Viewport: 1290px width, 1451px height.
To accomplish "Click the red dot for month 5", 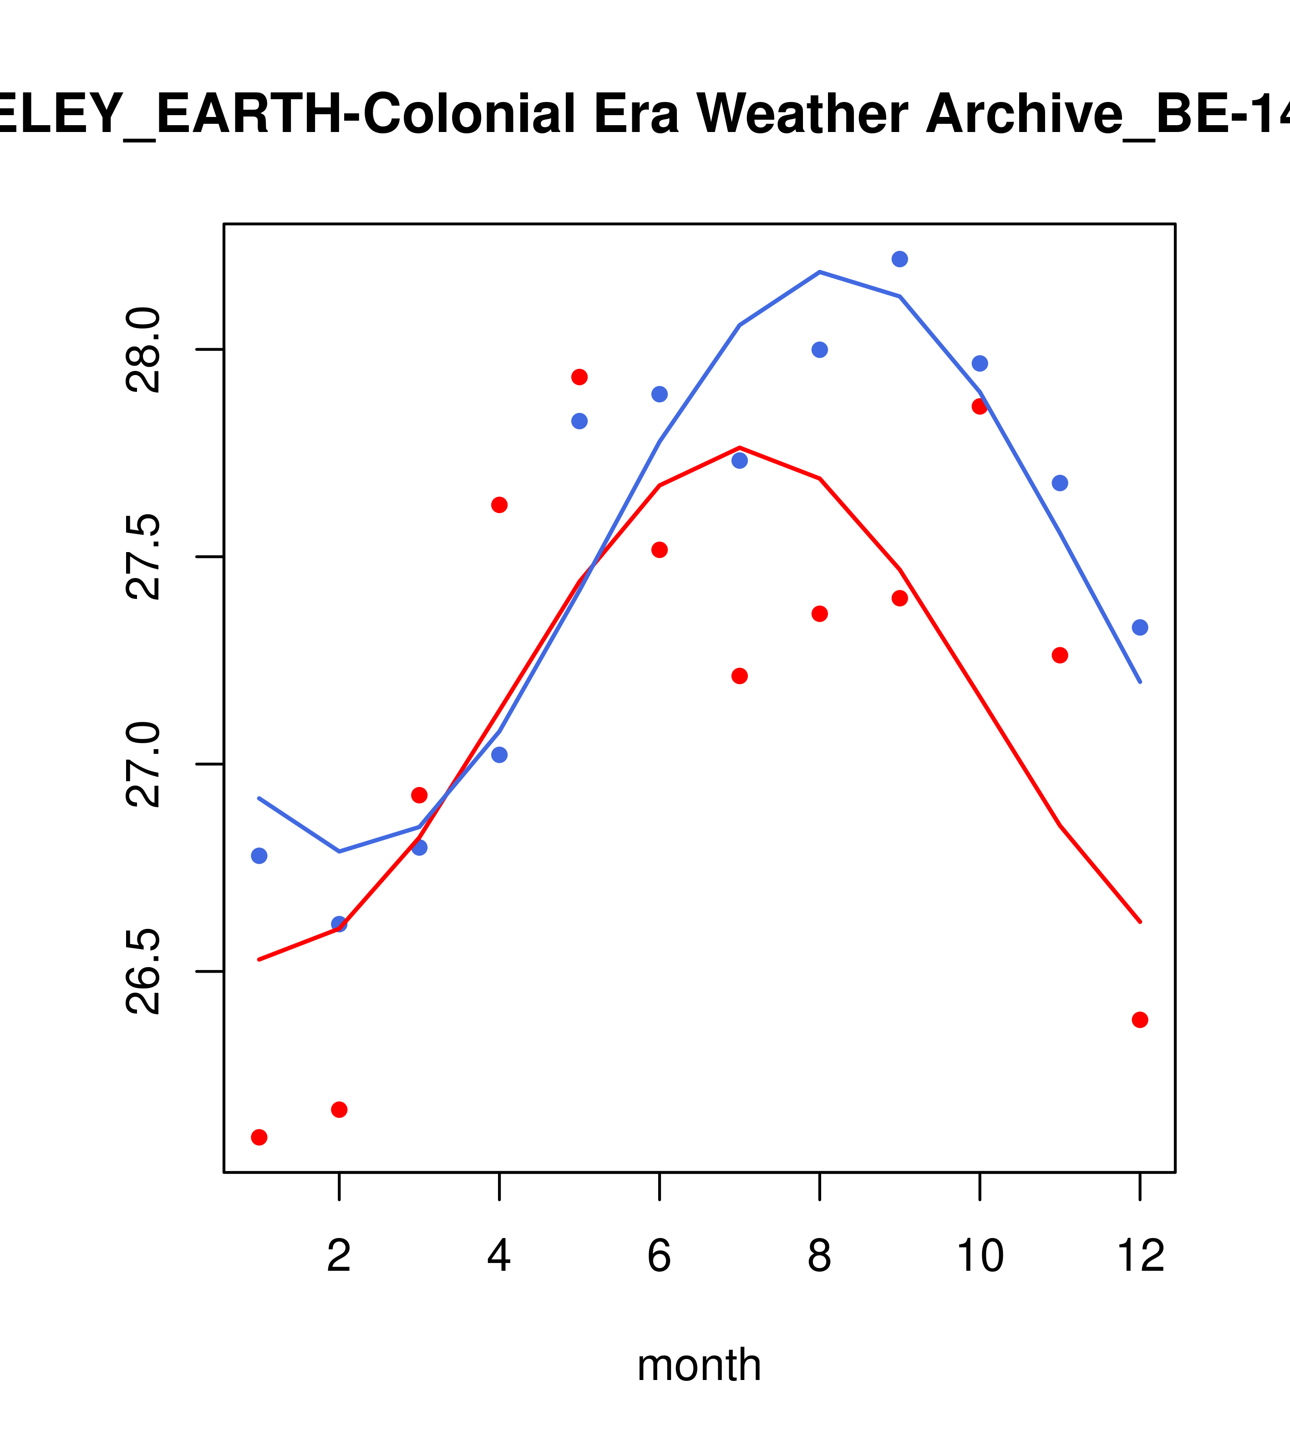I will click(579, 377).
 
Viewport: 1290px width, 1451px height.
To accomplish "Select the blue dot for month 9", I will click(899, 259).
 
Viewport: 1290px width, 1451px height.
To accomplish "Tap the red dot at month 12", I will click(1139, 1020).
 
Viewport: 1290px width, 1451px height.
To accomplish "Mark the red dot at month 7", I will click(739, 676).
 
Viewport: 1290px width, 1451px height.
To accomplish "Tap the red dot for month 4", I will click(499, 505).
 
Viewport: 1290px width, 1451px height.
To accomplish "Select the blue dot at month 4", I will click(499, 755).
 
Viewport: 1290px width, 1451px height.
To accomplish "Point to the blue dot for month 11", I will click(1059, 483).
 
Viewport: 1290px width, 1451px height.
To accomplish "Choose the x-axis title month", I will click(699, 1365).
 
